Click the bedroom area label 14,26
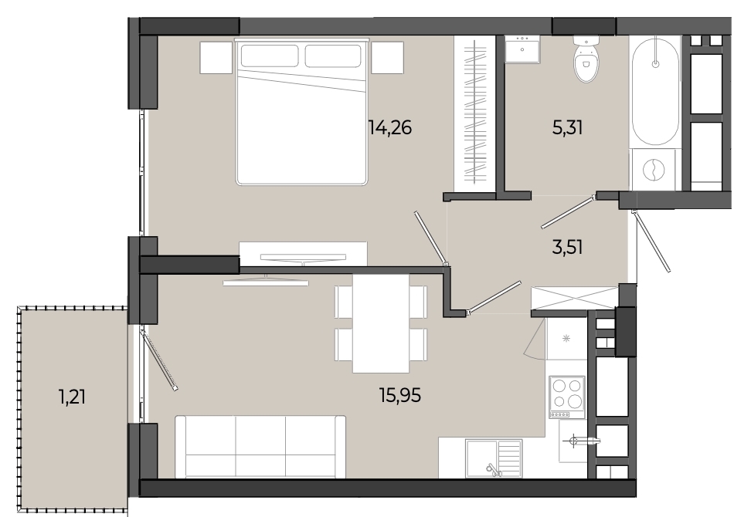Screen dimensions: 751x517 390,127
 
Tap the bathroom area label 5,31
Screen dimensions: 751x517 567,127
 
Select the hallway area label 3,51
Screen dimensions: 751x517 567,247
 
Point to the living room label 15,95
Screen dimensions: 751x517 400,395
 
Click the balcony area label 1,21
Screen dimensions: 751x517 73,397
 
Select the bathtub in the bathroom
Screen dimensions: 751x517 654,91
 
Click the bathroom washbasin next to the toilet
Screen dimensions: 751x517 522,49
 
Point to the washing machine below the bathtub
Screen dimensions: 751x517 654,170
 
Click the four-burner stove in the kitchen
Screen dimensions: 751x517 567,397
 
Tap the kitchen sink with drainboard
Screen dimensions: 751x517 494,458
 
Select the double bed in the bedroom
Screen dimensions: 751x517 302,112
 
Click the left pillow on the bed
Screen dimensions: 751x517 270,56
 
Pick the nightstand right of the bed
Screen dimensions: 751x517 387,57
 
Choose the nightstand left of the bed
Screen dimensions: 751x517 216,57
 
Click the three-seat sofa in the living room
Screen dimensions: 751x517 260,447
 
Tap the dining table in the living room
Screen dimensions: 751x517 381,323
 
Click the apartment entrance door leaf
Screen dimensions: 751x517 652,241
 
